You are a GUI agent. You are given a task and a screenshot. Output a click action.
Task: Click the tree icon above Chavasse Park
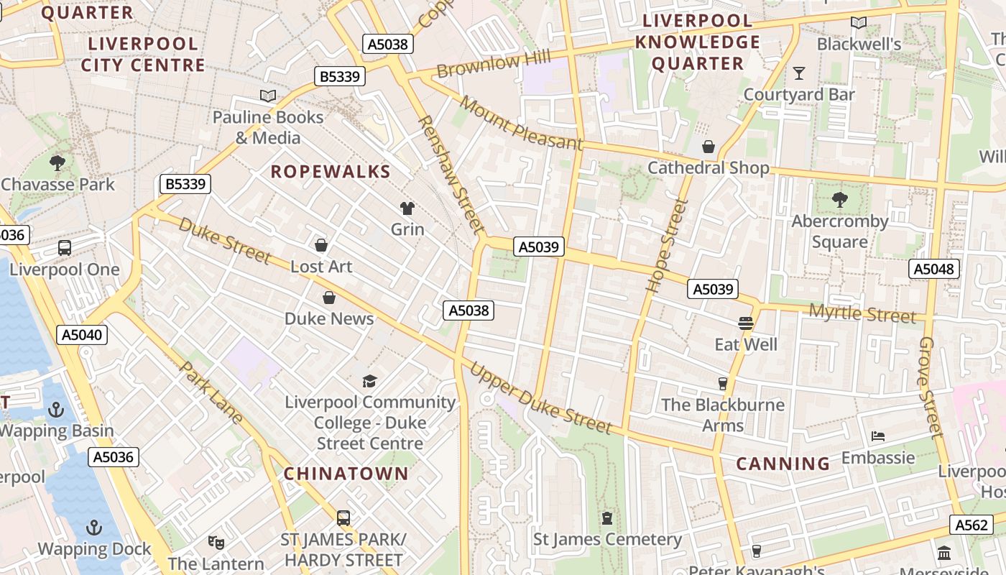click(x=57, y=163)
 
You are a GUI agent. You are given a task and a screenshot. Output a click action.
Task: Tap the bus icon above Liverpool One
click(x=65, y=248)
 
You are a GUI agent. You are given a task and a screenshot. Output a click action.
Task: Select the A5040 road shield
click(x=82, y=334)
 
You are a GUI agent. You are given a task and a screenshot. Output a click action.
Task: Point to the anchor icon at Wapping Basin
click(x=55, y=410)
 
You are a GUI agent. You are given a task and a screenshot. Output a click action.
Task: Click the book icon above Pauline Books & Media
click(x=268, y=96)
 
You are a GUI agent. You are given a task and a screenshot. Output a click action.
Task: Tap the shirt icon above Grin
click(x=407, y=208)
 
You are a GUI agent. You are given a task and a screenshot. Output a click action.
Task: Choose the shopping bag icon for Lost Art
click(x=321, y=245)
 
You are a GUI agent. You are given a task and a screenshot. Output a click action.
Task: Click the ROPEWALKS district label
click(x=331, y=172)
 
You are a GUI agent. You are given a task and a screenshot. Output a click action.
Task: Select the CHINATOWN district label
click(x=346, y=474)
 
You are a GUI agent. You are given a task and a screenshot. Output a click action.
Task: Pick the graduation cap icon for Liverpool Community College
click(x=369, y=381)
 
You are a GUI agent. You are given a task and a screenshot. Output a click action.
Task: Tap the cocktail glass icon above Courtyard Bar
click(x=798, y=73)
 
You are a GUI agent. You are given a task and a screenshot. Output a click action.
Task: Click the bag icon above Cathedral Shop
click(x=709, y=147)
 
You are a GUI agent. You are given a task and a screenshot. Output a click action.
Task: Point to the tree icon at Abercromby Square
click(x=839, y=199)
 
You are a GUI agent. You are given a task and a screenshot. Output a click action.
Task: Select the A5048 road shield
click(x=933, y=270)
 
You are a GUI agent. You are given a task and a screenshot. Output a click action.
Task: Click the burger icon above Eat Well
click(x=745, y=323)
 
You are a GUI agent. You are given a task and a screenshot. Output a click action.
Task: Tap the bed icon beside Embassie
click(x=877, y=436)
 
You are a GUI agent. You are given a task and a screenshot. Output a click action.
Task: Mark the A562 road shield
click(x=972, y=525)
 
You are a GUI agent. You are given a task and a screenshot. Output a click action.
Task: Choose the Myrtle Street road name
click(x=862, y=314)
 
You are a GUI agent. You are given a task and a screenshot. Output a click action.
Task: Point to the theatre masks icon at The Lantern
click(x=216, y=542)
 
